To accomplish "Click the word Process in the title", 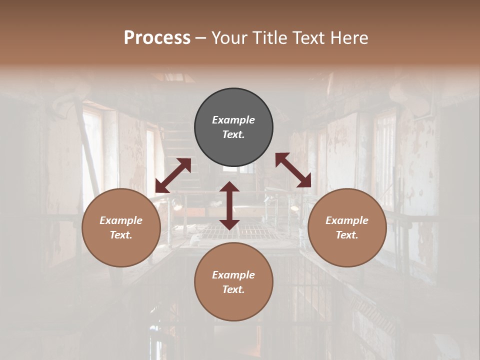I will [x=157, y=38].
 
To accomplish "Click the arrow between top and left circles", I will [x=173, y=175].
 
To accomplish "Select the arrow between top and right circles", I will [x=293, y=170].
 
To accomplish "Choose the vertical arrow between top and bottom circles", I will [x=229, y=205].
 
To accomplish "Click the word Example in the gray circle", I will [x=233, y=120].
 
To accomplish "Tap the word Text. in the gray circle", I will [x=233, y=134].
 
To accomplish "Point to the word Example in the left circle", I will [x=121, y=220].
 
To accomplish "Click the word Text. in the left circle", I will [x=121, y=235].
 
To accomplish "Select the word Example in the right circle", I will [x=346, y=220].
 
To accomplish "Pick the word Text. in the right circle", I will [x=346, y=235].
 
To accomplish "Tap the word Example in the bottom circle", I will [x=233, y=275].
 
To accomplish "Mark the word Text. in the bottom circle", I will [x=233, y=289].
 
